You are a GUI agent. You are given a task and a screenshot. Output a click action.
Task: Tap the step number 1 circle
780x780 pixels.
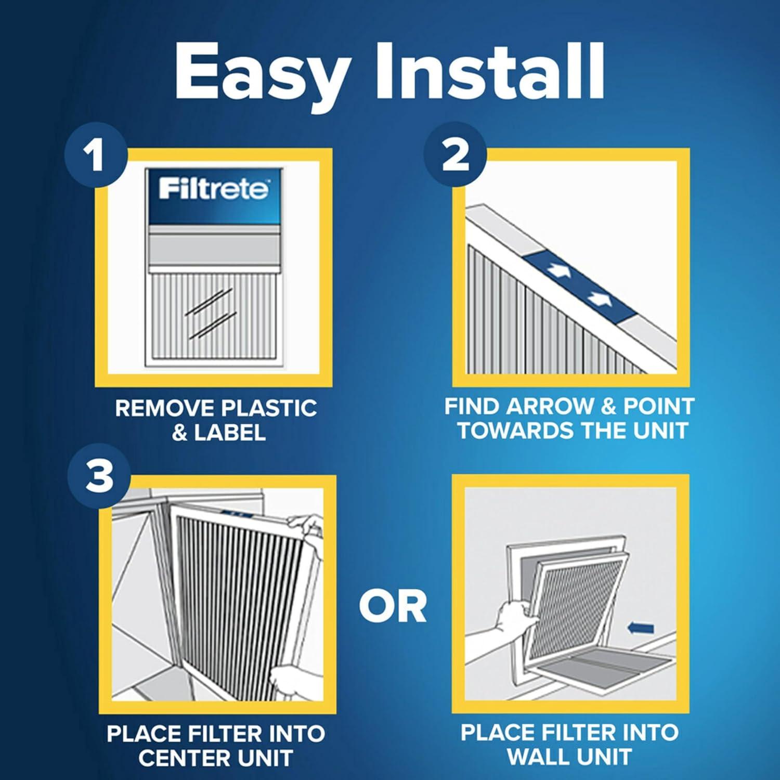pyautogui.click(x=96, y=156)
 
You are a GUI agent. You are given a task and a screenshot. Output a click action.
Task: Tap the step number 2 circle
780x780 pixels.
pyautogui.click(x=455, y=156)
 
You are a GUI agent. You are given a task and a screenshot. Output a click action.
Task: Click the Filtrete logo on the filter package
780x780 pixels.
pyautogui.click(x=214, y=189)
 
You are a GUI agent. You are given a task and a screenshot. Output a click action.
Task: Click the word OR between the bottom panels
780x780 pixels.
pyautogui.click(x=393, y=607)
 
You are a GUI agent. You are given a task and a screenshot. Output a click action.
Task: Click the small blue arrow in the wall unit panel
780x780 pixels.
pyautogui.click(x=641, y=629)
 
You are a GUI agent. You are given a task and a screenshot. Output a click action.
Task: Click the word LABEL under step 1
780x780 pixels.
pyautogui.click(x=229, y=433)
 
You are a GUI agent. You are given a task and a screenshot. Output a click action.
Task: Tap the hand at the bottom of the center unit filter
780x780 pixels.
pyautogui.click(x=291, y=681)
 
